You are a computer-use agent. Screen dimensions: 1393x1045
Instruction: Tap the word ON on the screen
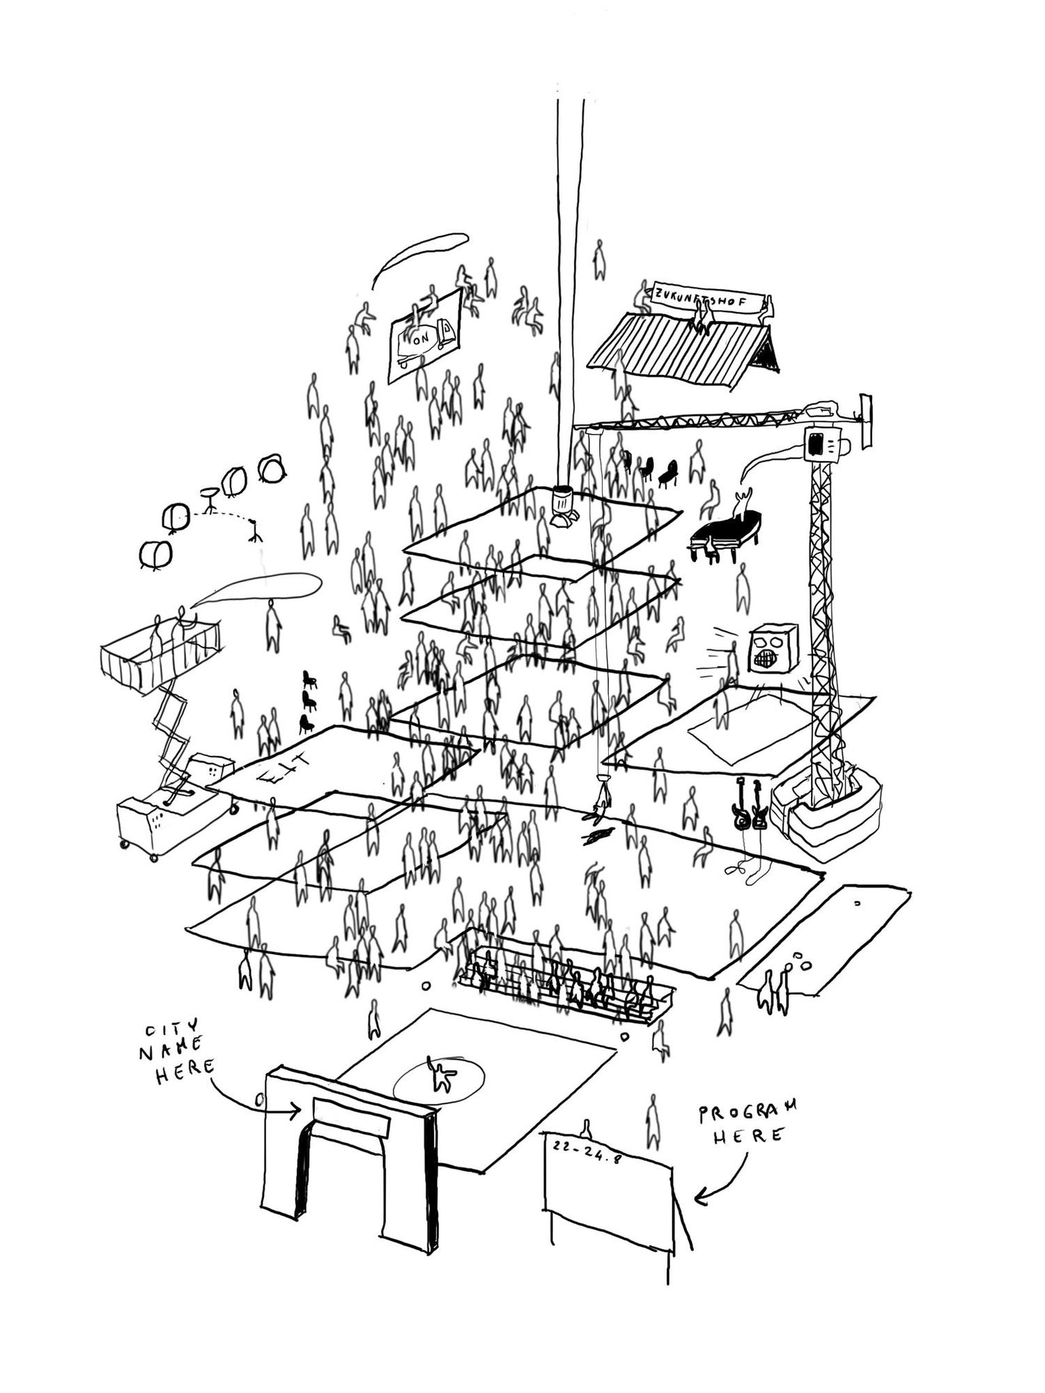coord(421,339)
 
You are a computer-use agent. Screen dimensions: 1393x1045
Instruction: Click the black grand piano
coord(725,532)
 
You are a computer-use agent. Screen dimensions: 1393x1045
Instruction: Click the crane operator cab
coord(822,443)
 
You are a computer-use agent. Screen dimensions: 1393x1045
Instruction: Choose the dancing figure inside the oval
coord(441,1076)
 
